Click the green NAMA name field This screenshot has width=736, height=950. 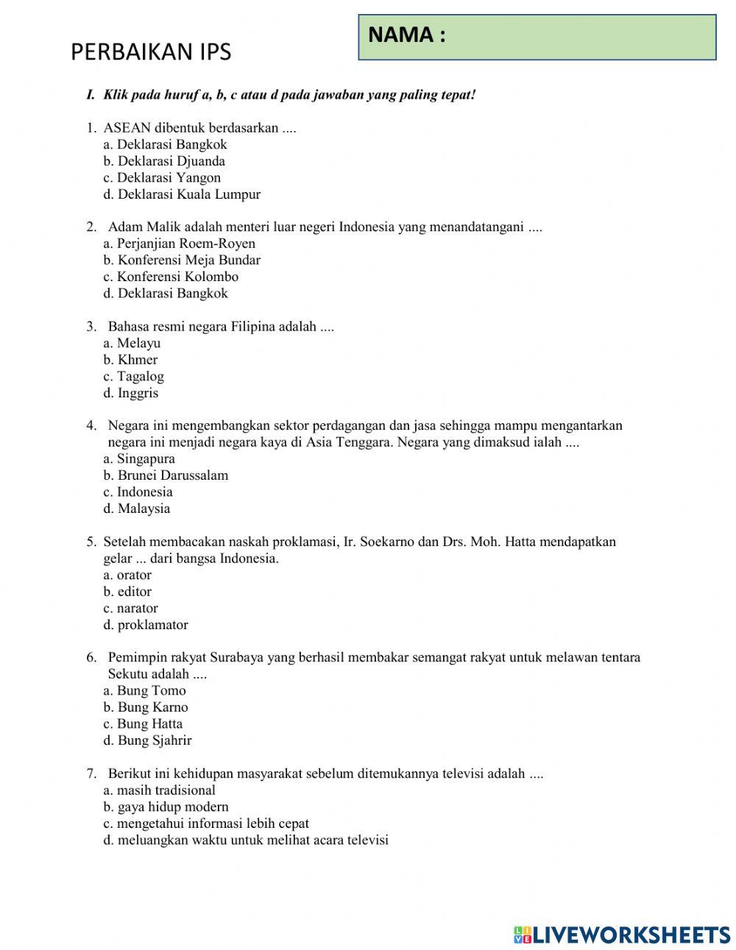pyautogui.click(x=537, y=37)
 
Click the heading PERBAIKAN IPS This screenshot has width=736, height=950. pyautogui.click(x=151, y=52)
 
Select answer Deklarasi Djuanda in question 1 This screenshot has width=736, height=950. pyautogui.click(x=164, y=161)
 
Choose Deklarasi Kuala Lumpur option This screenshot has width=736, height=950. pyautogui.click(x=182, y=194)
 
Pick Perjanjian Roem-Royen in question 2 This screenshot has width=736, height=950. pyautogui.click(x=180, y=244)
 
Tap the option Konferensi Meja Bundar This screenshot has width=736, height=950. pyautogui.click(x=182, y=260)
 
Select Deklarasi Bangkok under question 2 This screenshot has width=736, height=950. pyautogui.click(x=166, y=293)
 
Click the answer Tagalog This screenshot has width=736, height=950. pyautogui.click(x=134, y=376)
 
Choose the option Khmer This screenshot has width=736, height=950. pyautogui.click(x=130, y=360)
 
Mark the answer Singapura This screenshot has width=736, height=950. pyautogui.click(x=139, y=458)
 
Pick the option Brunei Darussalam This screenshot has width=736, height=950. pyautogui.click(x=166, y=475)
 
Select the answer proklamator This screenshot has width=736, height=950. pyautogui.click(x=146, y=625)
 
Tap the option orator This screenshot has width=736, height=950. pyautogui.click(x=127, y=575)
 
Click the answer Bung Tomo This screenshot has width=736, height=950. pyautogui.click(x=144, y=690)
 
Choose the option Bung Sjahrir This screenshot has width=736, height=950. pyautogui.click(x=147, y=740)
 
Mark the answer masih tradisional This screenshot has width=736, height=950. pyautogui.click(x=159, y=790)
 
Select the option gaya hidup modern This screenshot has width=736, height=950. pyautogui.click(x=166, y=807)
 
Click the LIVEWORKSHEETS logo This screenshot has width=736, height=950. pyautogui.click(x=622, y=935)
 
